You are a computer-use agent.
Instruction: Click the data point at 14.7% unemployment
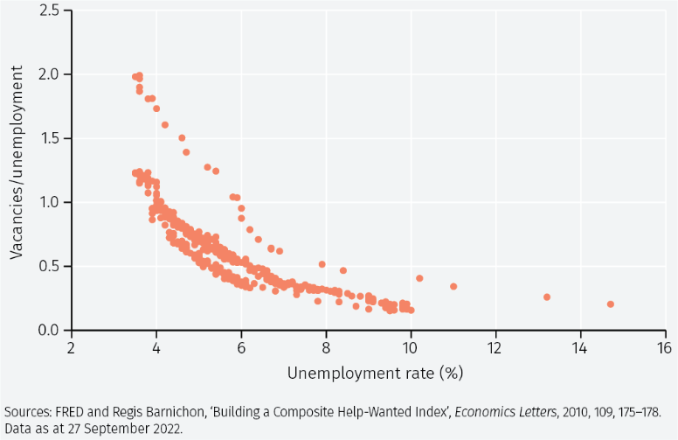point(610,304)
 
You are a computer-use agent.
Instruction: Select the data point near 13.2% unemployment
point(547,297)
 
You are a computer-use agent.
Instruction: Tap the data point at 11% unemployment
point(453,287)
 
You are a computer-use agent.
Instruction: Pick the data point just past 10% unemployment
point(419,278)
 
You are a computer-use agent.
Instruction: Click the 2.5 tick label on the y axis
point(48,10)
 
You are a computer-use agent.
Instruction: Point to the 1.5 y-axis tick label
point(48,138)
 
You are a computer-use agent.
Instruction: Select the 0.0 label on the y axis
point(48,330)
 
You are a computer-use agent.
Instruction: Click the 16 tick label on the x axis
point(665,346)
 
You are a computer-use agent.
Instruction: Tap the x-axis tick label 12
point(495,346)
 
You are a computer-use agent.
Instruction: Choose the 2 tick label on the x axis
point(72,346)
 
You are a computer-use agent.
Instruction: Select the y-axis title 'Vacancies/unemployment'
point(16,171)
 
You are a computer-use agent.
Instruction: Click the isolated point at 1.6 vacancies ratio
point(164,125)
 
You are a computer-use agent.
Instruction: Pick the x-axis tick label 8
point(326,346)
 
